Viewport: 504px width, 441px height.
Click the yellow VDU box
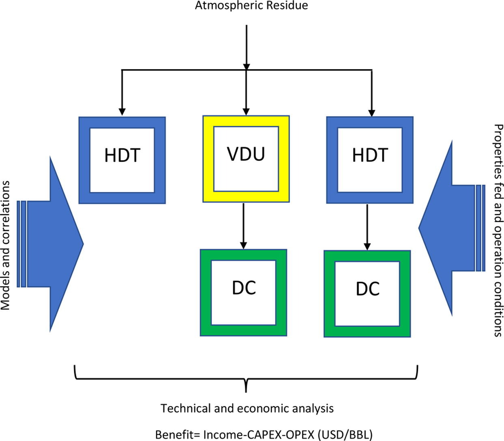point(246,159)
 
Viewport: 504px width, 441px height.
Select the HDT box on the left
point(122,160)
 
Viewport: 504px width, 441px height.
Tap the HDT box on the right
point(370,160)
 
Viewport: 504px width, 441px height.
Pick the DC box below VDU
point(243,293)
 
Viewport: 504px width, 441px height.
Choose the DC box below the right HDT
point(367,294)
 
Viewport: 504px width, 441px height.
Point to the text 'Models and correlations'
point(5,245)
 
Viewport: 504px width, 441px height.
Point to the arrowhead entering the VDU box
point(246,111)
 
